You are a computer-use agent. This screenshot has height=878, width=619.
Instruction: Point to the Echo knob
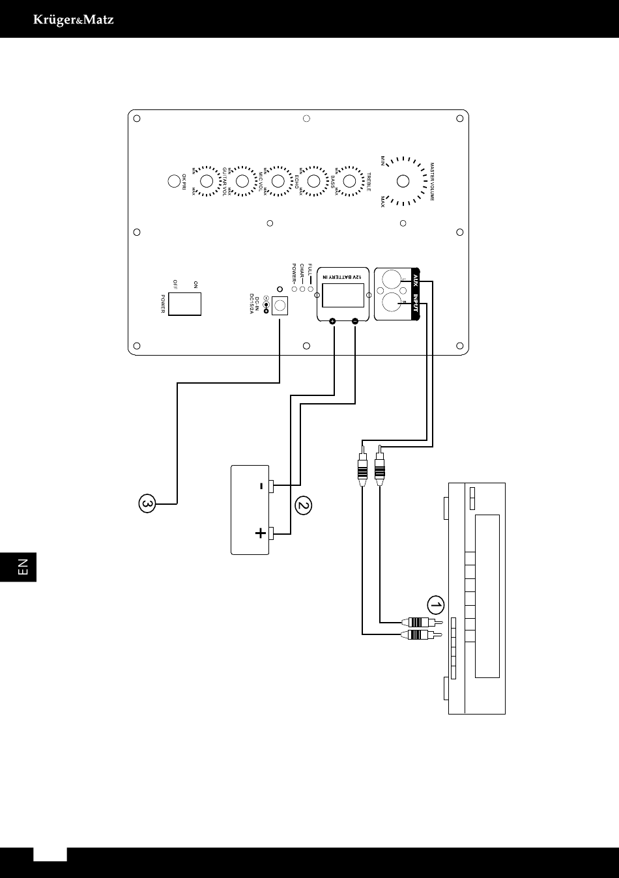click(x=278, y=181)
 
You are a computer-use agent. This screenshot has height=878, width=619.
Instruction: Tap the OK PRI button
click(x=174, y=181)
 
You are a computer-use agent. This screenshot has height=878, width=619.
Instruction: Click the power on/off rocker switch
click(x=184, y=304)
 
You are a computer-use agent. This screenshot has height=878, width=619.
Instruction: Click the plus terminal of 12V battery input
click(x=333, y=321)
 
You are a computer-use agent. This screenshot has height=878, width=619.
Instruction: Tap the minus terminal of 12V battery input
click(x=355, y=321)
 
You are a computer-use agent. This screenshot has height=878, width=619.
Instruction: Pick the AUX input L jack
click(x=392, y=281)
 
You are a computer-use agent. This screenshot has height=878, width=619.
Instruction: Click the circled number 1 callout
click(x=435, y=606)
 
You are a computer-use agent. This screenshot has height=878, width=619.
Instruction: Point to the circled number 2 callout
click(x=303, y=505)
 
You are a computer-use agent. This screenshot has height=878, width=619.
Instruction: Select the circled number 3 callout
click(x=147, y=503)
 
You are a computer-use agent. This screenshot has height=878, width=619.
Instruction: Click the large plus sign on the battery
click(x=261, y=534)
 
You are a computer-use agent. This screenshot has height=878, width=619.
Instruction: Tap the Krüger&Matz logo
click(x=74, y=20)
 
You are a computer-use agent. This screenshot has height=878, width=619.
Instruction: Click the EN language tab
click(x=22, y=567)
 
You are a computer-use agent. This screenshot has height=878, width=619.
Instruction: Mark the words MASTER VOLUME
click(x=431, y=181)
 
